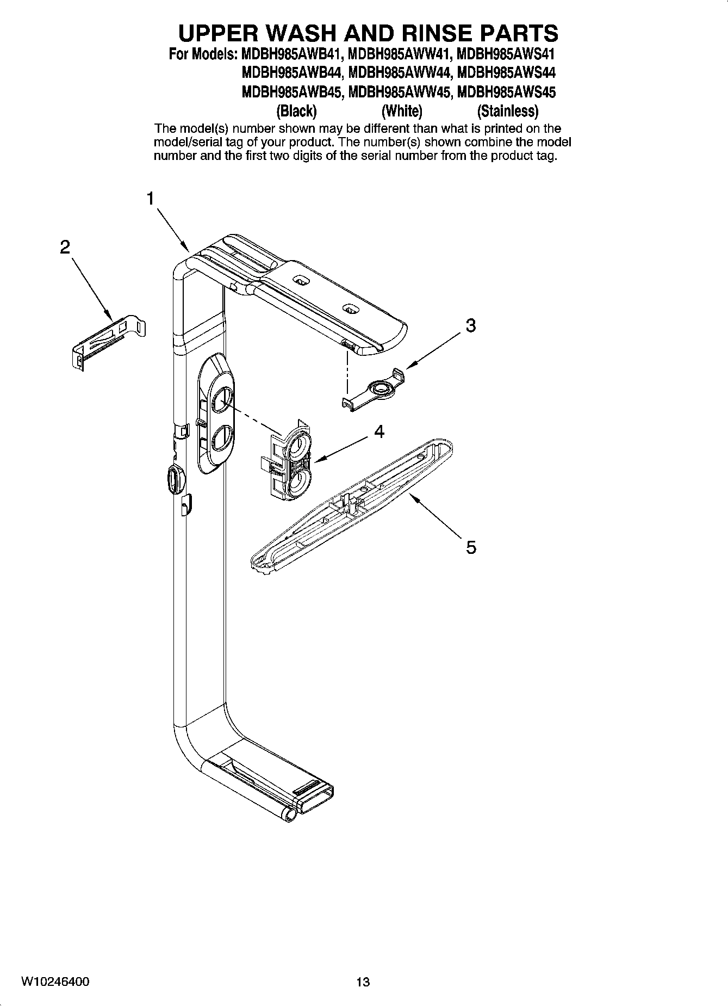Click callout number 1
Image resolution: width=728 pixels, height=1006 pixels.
coord(150,199)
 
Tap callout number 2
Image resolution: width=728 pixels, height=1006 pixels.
coord(65,248)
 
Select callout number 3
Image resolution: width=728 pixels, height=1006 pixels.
coord(471,325)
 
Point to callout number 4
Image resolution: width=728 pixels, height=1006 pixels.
coord(379,431)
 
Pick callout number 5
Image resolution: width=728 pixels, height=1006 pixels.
coord(471,547)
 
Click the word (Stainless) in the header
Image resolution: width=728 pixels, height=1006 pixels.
coord(507,111)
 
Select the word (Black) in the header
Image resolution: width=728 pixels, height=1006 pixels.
coord(296,111)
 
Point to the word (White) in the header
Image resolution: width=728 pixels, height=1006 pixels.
coord(402,111)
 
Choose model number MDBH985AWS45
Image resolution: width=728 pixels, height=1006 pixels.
coord(507,92)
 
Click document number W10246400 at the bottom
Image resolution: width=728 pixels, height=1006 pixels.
coord(55,982)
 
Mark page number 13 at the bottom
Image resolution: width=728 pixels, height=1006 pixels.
coord(363,982)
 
